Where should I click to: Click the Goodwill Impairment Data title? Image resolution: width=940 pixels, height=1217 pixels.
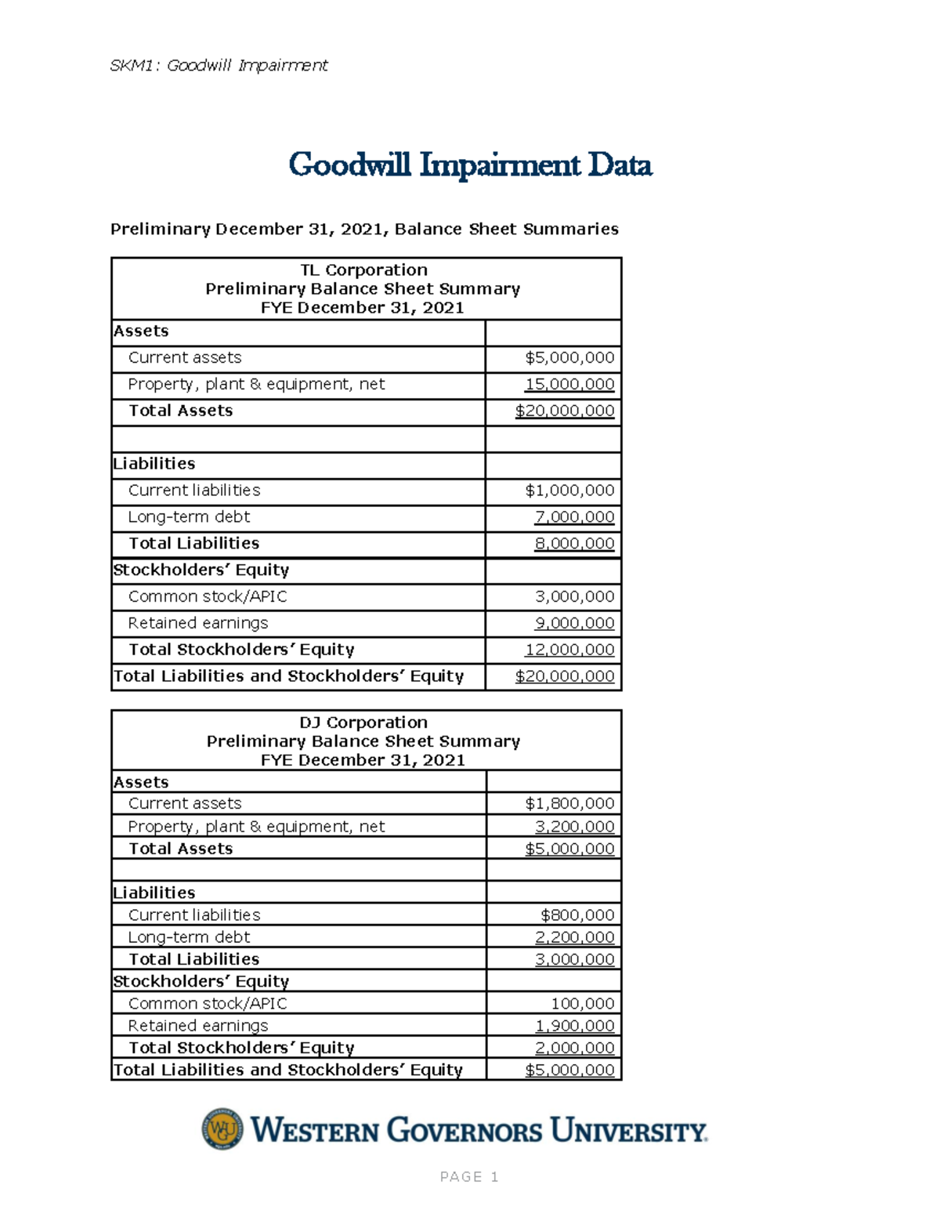470,165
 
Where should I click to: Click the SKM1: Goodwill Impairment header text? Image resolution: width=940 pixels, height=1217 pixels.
219,65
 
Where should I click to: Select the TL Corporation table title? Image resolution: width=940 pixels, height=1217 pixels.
363,270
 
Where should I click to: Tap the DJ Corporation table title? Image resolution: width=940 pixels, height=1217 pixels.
363,723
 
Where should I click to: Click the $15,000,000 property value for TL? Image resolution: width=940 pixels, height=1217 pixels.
569,384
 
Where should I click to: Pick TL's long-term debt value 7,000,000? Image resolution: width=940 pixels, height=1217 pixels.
574,517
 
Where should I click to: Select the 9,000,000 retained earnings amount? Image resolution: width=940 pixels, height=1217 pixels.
574,623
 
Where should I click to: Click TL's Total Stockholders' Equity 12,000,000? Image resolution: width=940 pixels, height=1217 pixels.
569,650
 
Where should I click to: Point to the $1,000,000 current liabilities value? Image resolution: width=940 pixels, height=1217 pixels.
569,491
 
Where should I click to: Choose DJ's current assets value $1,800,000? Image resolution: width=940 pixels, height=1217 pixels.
569,803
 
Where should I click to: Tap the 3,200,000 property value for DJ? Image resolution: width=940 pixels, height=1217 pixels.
574,827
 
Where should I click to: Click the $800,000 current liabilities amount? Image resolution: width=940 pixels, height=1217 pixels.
577,915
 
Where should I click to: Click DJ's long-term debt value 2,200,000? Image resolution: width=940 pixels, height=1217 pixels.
574,937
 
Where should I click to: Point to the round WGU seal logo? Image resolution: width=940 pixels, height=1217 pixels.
222,1129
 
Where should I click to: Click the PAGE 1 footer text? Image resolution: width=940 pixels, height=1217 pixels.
469,1177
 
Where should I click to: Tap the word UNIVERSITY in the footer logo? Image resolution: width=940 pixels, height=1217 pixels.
628,1131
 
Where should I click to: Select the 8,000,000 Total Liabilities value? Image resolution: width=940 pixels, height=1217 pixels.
574,544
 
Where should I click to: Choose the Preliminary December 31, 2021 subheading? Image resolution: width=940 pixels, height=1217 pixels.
364,229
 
